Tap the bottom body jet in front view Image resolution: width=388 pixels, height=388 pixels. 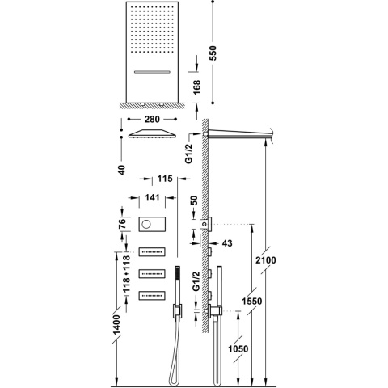point(154,295)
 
